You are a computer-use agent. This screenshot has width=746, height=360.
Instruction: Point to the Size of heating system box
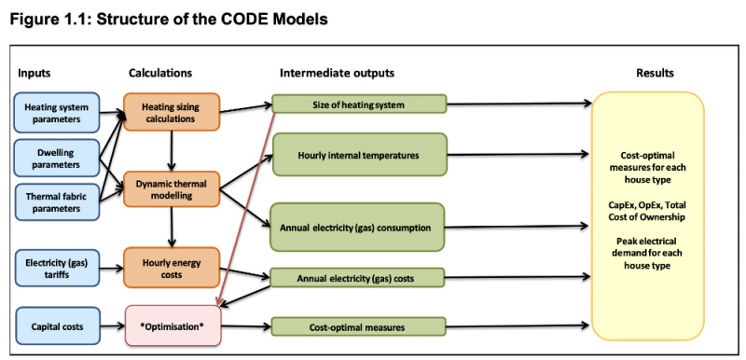tap(359, 104)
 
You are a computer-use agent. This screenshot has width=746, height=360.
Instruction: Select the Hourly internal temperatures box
tap(359, 154)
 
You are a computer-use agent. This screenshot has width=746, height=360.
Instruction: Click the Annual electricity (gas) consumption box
tap(359, 226)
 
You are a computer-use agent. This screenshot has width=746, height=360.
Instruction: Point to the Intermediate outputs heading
tap(337, 72)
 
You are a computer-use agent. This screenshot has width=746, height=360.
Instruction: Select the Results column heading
tap(655, 72)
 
